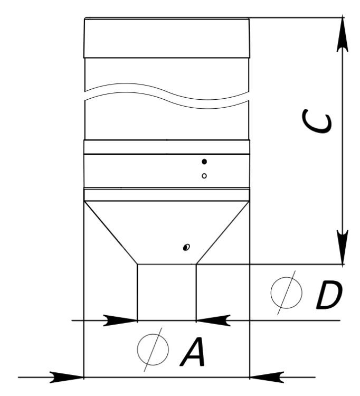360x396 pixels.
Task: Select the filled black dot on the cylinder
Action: (204, 162)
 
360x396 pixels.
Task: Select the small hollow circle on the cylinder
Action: (204, 176)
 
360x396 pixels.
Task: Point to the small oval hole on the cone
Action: (186, 247)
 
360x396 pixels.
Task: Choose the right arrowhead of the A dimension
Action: (267, 377)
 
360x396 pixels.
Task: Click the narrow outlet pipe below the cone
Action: (167, 290)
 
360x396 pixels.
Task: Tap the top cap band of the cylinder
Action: (166, 37)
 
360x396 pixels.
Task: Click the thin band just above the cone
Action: (166, 195)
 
